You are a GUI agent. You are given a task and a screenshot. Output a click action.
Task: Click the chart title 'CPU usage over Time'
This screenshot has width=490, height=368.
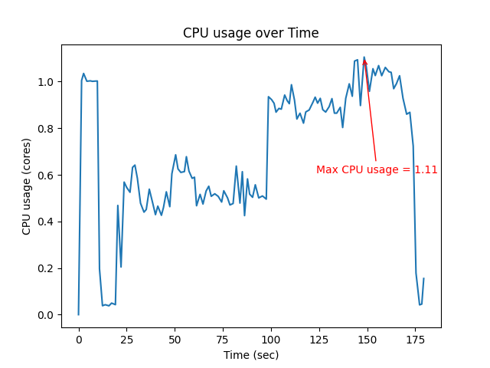(x=250, y=33)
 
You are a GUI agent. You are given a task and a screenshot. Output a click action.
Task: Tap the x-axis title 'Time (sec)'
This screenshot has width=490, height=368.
(x=250, y=355)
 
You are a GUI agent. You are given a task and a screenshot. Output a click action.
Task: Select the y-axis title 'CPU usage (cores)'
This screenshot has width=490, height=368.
(x=27, y=186)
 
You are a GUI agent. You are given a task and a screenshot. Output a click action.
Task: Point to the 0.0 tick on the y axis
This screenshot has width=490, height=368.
(x=47, y=315)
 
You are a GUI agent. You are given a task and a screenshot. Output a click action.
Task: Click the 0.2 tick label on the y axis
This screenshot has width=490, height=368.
(x=47, y=268)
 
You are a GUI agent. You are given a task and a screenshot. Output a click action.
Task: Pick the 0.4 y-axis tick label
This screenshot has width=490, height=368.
(x=47, y=222)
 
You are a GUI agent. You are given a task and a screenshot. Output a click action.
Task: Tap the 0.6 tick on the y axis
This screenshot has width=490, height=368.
(x=47, y=175)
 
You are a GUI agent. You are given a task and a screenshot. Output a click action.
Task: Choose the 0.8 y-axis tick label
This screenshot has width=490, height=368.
(x=47, y=129)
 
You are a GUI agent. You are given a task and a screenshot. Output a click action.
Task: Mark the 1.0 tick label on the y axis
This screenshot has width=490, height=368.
(x=47, y=82)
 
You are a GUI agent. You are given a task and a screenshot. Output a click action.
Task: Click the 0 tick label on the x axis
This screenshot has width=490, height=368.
(x=78, y=340)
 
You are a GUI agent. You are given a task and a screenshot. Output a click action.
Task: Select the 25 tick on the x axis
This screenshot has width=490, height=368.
(x=126, y=340)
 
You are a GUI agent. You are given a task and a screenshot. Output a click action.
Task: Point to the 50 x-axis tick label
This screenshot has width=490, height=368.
(x=175, y=340)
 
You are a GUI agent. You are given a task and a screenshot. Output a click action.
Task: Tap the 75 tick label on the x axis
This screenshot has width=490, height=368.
(x=223, y=340)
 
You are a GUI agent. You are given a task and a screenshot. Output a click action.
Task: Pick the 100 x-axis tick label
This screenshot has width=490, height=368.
(x=270, y=340)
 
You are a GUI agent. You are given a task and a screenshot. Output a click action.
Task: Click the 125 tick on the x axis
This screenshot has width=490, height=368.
(x=318, y=340)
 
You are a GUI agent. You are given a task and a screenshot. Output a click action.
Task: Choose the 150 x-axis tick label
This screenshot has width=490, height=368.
(x=367, y=340)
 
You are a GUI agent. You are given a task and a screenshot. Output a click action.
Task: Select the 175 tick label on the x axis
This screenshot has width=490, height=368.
(x=415, y=340)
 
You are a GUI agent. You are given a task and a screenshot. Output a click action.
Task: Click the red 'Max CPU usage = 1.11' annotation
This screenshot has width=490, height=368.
(x=377, y=169)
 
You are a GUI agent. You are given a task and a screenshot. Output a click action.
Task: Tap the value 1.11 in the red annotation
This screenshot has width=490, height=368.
(x=426, y=169)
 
